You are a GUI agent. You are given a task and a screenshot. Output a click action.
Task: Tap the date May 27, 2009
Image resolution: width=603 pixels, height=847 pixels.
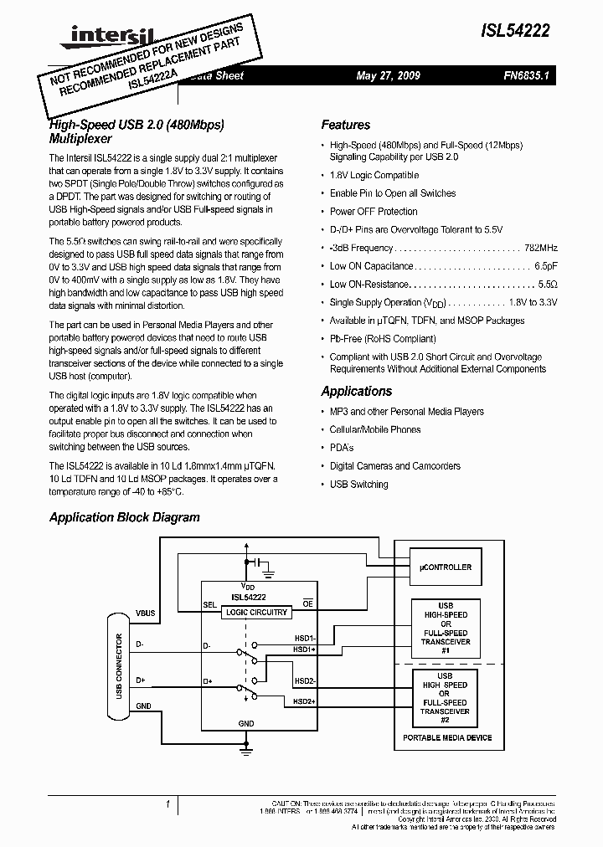coord(388,75)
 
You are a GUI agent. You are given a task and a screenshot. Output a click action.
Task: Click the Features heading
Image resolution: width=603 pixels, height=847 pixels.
coord(345,125)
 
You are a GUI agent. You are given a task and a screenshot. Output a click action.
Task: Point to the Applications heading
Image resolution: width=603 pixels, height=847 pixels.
coord(356,391)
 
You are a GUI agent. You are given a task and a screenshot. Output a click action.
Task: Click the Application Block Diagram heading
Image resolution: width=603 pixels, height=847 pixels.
coord(124,517)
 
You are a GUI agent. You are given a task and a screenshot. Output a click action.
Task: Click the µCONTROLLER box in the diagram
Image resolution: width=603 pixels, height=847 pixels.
coord(445,567)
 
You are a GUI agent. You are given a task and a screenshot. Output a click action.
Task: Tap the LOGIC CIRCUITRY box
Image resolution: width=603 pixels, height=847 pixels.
coord(257,612)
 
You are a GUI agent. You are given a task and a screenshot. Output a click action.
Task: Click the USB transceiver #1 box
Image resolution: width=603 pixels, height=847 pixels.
coord(445,628)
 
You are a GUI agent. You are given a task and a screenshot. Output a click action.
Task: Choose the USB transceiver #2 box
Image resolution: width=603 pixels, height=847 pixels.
coord(445,698)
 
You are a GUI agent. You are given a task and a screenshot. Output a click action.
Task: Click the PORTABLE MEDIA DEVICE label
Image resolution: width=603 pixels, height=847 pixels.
coord(447,737)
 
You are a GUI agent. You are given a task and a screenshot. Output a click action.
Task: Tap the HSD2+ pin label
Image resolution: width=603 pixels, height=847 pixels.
coord(304,701)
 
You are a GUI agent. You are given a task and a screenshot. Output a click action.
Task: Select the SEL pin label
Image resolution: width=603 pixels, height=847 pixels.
coord(209,603)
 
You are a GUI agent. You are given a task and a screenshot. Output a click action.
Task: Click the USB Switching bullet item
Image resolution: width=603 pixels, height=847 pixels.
coord(358,485)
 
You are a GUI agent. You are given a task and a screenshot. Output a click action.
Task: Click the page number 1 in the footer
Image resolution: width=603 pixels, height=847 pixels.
coord(168,805)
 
